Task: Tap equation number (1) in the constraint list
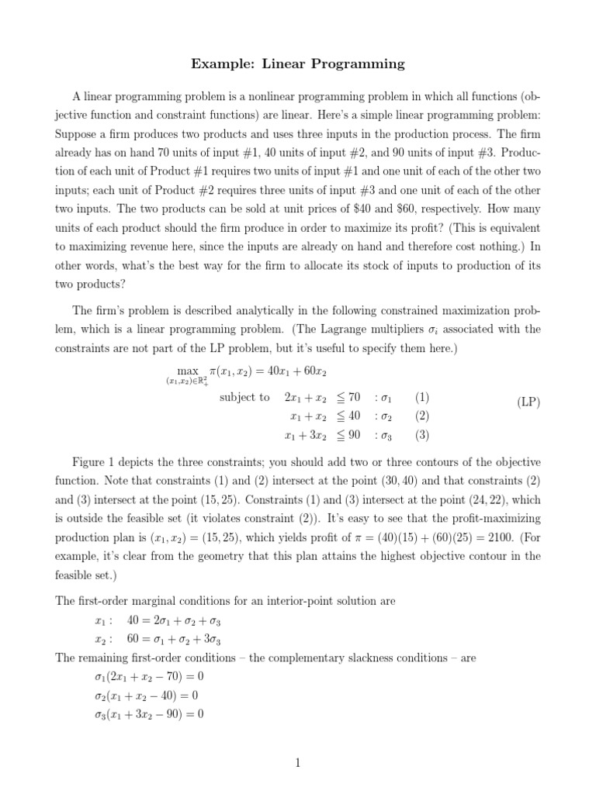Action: pos(421,397)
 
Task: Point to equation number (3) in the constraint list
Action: pos(421,435)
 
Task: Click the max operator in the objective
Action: pos(188,372)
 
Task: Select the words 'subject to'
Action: pos(244,397)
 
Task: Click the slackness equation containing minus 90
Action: pos(148,714)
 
